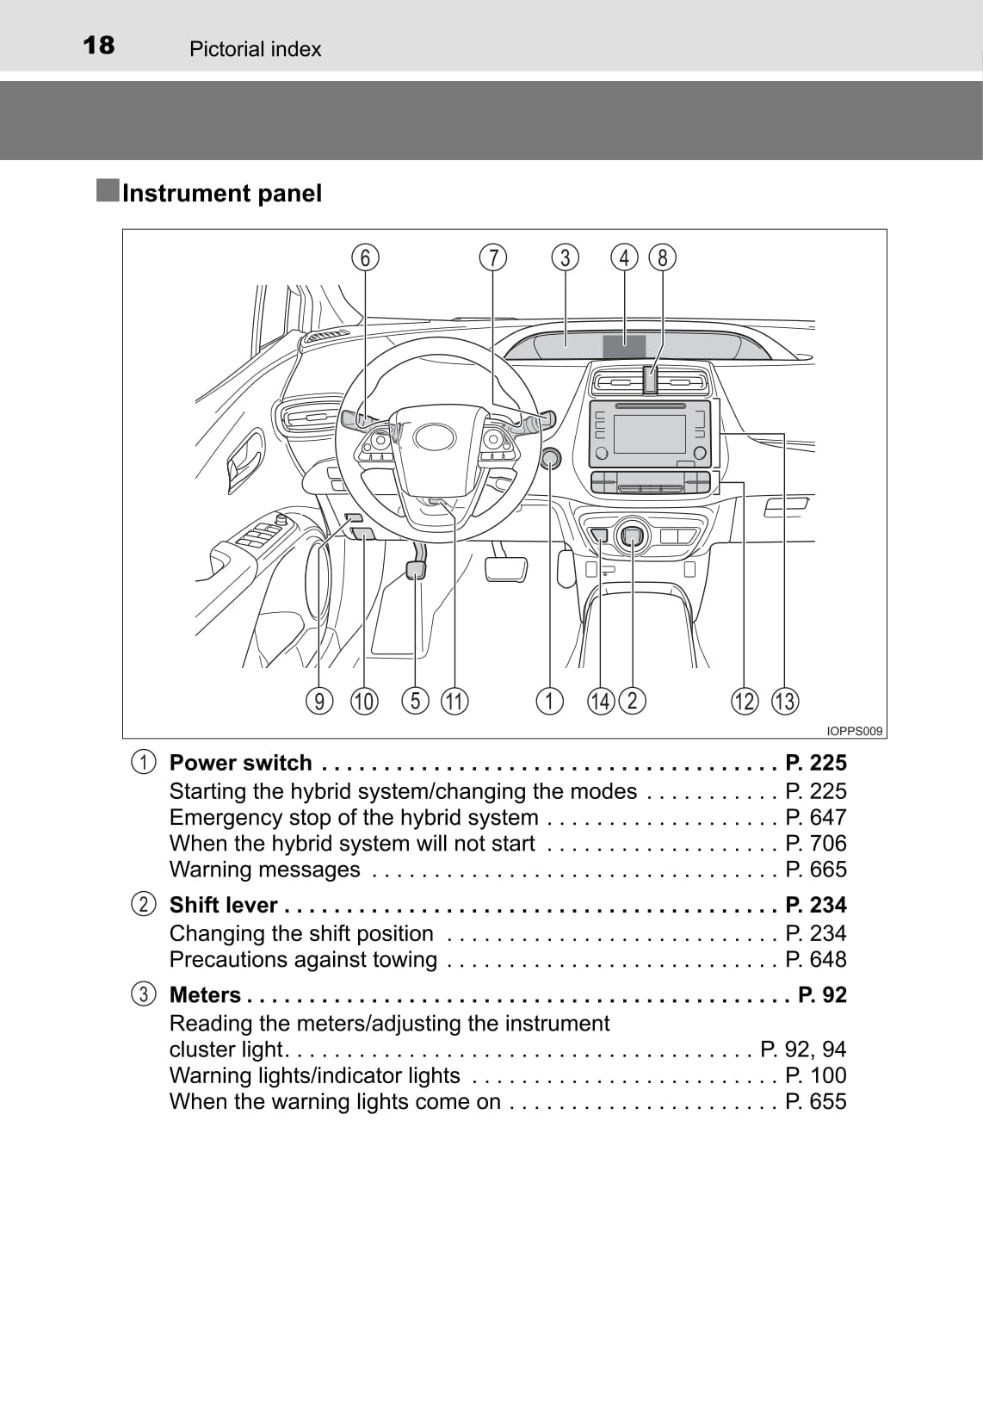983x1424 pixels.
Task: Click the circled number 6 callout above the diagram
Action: (x=365, y=257)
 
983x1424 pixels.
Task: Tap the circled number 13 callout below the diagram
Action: (x=784, y=701)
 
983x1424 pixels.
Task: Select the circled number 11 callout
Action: (x=454, y=701)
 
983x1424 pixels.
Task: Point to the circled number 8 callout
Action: (x=662, y=257)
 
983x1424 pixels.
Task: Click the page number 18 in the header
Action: (x=98, y=45)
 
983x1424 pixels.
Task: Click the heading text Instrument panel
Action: (x=221, y=193)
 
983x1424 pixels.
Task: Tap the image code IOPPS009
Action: (x=854, y=731)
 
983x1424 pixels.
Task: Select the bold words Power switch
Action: (x=240, y=763)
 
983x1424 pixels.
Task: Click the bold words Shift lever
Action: (x=223, y=905)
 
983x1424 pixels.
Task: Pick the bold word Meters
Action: (x=205, y=995)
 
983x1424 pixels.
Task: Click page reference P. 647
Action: (x=815, y=817)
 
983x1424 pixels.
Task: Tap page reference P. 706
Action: (x=815, y=843)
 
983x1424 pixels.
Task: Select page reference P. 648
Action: (x=815, y=959)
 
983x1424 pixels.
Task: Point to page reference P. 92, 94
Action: (x=803, y=1049)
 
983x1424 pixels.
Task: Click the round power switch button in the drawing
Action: (x=551, y=458)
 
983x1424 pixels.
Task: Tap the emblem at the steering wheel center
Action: (x=434, y=437)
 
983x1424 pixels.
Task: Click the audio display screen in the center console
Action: (x=649, y=434)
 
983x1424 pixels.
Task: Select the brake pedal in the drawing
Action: (x=506, y=568)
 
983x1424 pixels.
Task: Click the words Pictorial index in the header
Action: (x=255, y=49)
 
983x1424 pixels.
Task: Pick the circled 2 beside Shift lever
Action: (x=144, y=905)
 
